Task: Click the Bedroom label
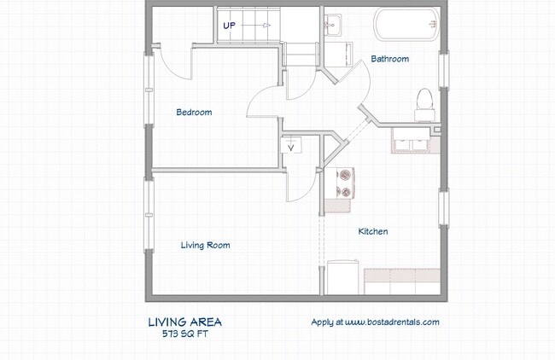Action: [x=194, y=113]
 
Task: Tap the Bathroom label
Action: [x=389, y=59]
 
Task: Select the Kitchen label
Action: [x=373, y=231]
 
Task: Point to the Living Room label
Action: [x=205, y=245]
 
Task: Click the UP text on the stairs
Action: [x=229, y=26]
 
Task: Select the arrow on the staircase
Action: [x=255, y=26]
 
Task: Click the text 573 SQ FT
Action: [x=184, y=334]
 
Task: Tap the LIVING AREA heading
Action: [x=184, y=322]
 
